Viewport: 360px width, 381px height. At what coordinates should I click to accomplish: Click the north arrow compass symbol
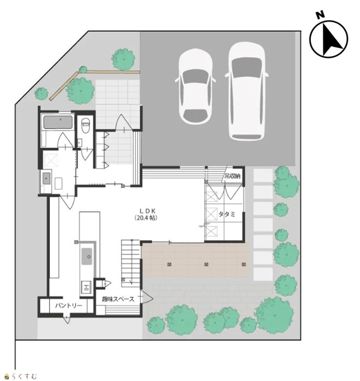click(329, 39)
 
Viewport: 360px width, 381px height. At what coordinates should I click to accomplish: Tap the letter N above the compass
click(321, 15)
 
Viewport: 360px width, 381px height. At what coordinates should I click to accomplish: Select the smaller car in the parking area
click(195, 86)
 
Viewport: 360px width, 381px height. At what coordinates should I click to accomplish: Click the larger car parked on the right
click(247, 91)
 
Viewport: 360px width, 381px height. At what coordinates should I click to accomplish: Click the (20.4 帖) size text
click(146, 218)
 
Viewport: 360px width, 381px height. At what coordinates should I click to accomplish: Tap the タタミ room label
click(227, 214)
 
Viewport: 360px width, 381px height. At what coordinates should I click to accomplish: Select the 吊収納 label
click(232, 176)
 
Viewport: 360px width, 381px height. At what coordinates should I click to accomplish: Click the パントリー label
click(69, 305)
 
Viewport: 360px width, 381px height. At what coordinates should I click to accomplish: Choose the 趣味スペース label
click(118, 299)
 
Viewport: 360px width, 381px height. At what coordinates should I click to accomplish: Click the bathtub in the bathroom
click(58, 122)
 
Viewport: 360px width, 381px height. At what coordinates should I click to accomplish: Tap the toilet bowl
click(85, 125)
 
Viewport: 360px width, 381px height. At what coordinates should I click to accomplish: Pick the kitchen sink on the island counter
click(87, 256)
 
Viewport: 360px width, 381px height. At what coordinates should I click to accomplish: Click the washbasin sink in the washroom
click(46, 179)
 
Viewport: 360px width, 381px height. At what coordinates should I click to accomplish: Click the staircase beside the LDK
click(131, 263)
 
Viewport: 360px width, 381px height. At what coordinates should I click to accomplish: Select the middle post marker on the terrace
click(206, 264)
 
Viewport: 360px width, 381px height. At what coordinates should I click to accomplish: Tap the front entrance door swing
click(124, 123)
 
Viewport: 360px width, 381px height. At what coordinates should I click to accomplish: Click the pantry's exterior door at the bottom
click(67, 319)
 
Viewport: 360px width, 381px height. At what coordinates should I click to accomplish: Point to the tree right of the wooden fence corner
click(80, 90)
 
